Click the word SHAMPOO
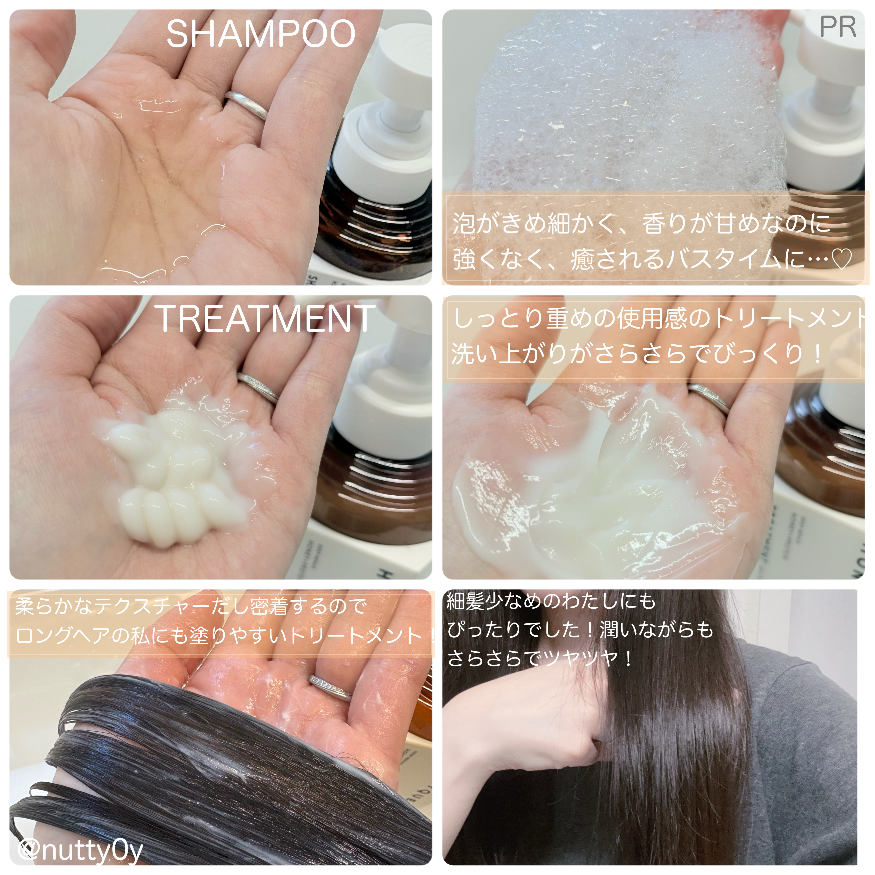[261, 34]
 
